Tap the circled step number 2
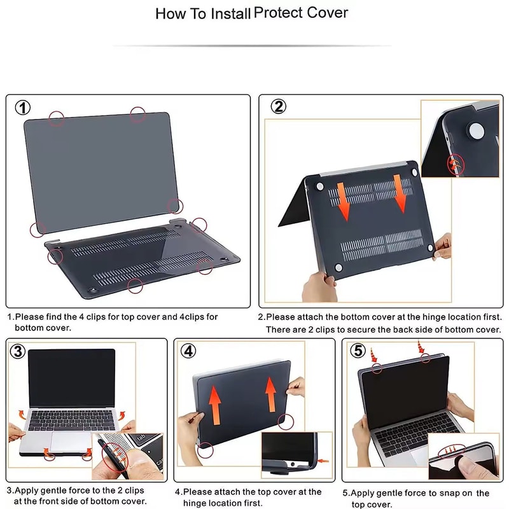tap(278, 107)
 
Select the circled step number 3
tap(18, 351)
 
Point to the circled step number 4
tap(188, 351)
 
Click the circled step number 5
tap(359, 351)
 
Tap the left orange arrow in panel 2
tap(343, 199)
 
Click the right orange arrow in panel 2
tap(401, 192)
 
